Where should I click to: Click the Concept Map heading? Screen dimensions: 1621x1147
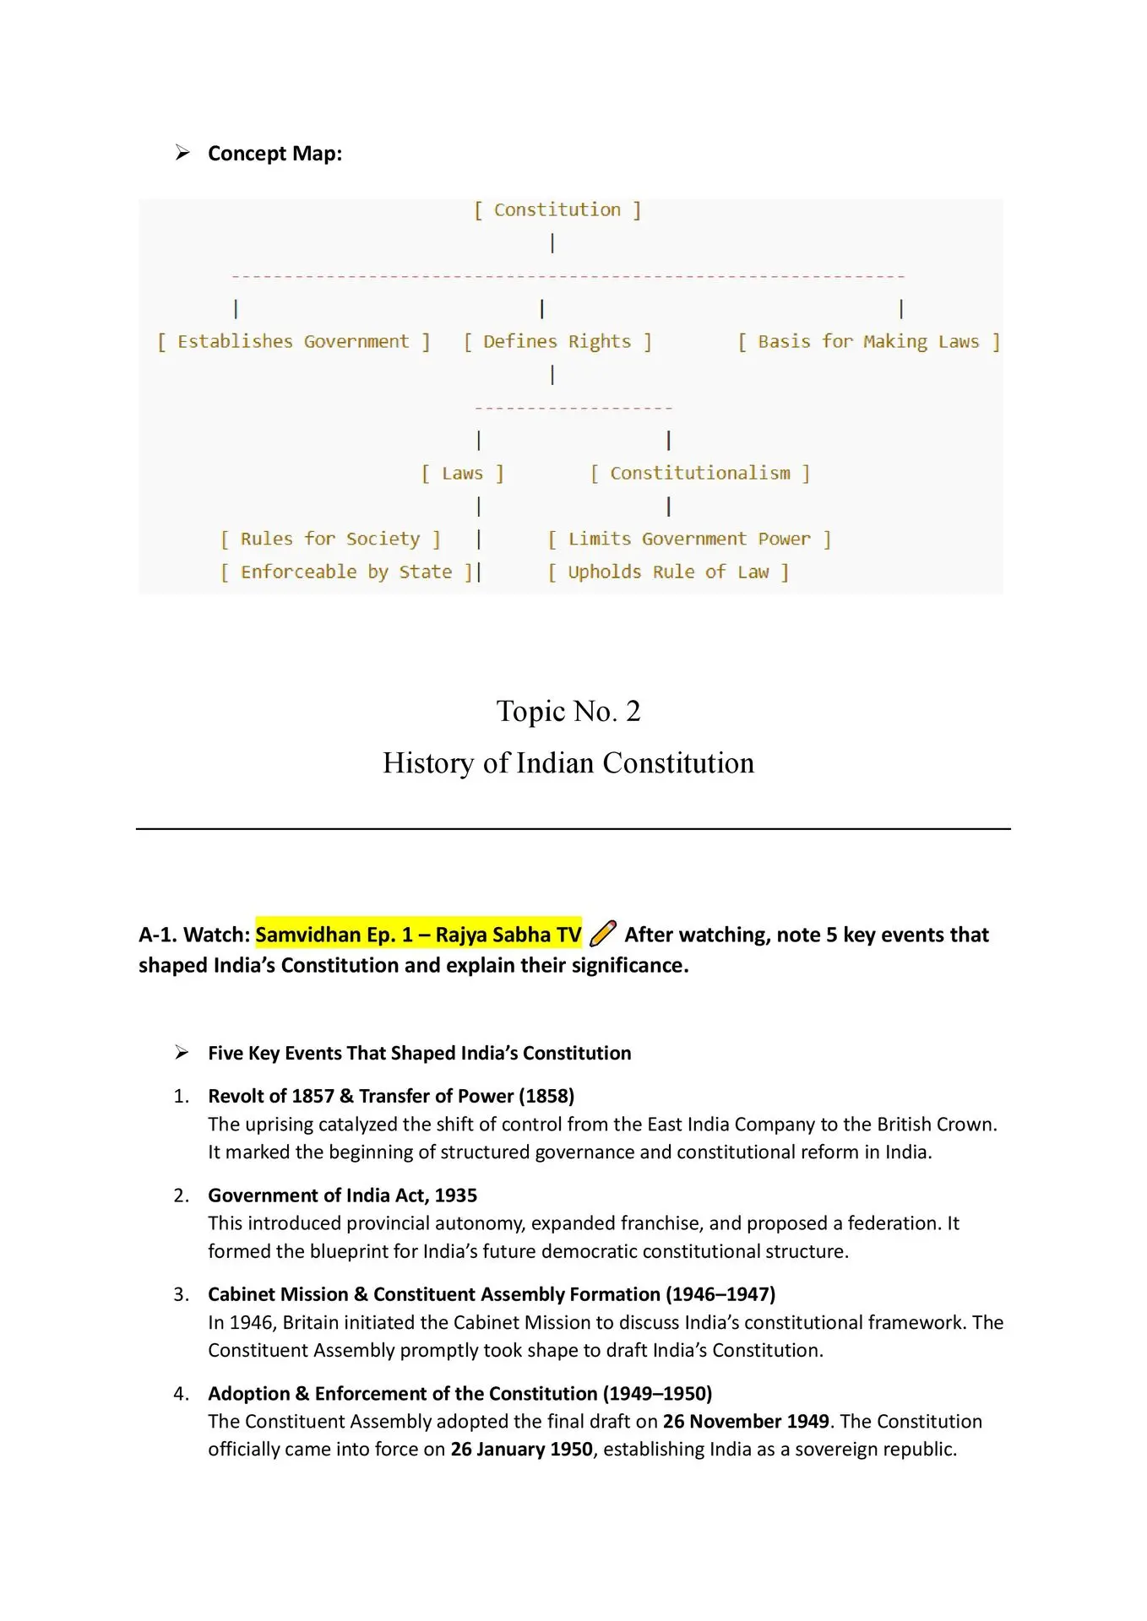point(275,154)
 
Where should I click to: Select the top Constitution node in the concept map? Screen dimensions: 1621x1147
point(557,210)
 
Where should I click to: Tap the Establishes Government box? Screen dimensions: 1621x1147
point(293,342)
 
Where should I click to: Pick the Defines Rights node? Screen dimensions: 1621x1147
point(557,342)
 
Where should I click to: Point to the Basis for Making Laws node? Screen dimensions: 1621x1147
point(868,342)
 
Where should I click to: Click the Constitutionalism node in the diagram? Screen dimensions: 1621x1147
point(700,474)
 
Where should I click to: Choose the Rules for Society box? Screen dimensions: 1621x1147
point(330,539)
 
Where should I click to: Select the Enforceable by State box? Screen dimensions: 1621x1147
point(346,572)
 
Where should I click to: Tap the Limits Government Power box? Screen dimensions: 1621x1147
point(689,539)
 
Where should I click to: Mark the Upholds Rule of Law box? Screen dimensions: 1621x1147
point(668,572)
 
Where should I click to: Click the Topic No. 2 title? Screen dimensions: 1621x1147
point(568,712)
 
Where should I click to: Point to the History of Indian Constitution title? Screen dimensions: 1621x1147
point(568,763)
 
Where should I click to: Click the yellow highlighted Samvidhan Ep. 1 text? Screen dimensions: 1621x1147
point(418,935)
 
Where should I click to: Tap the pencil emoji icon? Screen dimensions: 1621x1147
point(603,933)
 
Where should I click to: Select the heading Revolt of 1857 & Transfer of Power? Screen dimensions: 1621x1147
point(391,1096)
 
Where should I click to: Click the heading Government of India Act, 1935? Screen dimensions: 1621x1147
point(342,1195)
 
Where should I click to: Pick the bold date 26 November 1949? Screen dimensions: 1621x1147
point(746,1422)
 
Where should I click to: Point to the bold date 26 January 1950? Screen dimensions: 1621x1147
point(521,1450)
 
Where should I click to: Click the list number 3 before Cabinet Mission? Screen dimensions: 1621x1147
point(181,1295)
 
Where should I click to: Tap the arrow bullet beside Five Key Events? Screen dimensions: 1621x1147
point(182,1053)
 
